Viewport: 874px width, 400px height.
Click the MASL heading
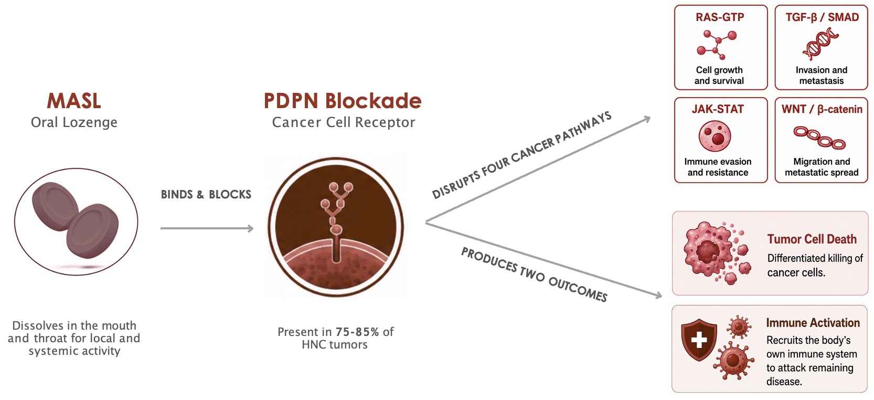(74, 101)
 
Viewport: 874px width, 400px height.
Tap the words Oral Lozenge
(74, 122)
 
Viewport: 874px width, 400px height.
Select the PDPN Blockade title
(343, 101)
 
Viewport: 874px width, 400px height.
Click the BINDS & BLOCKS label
(206, 194)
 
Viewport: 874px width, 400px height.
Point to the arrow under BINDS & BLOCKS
(207, 228)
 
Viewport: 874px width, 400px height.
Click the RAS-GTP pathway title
(720, 17)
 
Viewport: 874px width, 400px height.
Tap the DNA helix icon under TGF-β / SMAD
(820, 44)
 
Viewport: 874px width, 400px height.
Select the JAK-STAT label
(718, 109)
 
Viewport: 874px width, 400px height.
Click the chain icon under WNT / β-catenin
(819, 138)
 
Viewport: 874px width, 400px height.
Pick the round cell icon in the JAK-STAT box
(715, 136)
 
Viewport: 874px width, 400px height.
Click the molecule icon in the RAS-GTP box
(717, 45)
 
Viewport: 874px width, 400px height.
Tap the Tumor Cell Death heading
(812, 239)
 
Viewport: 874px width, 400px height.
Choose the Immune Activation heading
(813, 323)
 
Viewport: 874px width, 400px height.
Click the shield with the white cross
(699, 340)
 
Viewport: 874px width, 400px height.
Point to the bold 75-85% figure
(357, 332)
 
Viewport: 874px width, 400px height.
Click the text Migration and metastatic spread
(822, 167)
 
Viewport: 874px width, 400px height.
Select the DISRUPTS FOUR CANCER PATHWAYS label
(521, 155)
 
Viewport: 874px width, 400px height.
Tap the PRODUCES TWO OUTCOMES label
(534, 275)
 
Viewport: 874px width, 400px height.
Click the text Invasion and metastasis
(822, 75)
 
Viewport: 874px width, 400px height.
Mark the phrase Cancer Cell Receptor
(343, 122)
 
